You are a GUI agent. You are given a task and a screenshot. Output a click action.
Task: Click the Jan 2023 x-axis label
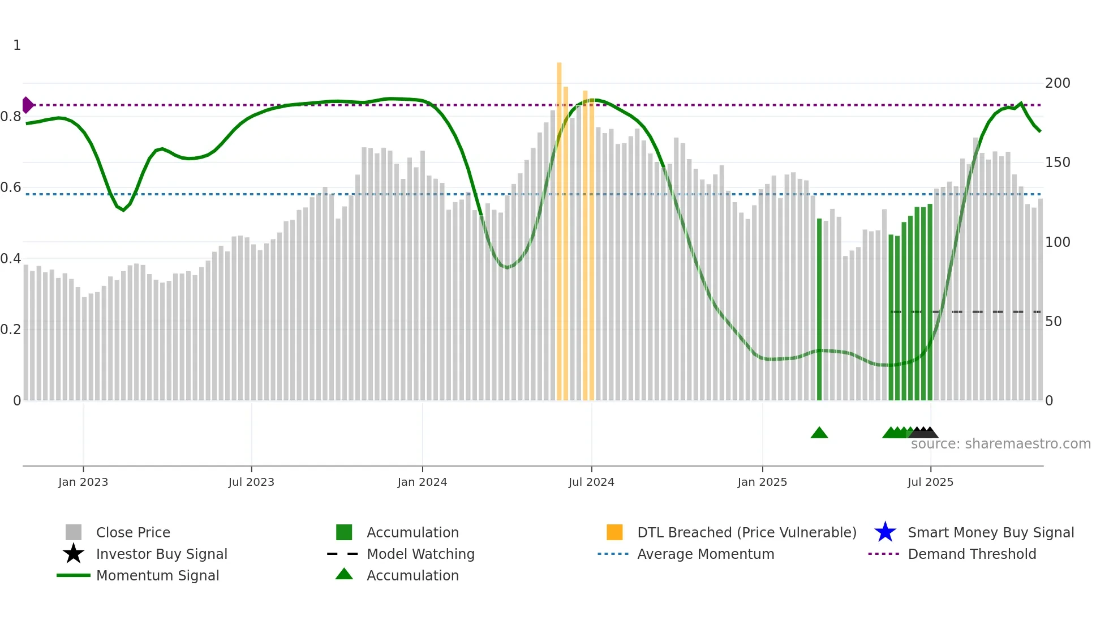click(83, 482)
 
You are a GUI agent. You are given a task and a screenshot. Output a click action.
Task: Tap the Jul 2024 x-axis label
click(591, 482)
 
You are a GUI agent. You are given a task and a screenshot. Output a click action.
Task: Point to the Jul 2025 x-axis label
click(930, 482)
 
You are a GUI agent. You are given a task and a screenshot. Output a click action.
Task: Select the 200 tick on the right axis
click(1058, 83)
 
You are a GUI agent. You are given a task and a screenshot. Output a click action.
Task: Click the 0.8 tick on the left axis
click(11, 117)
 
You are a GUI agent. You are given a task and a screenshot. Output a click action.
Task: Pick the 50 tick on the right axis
click(1054, 322)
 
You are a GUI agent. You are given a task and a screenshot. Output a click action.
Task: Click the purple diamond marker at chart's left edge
click(27, 105)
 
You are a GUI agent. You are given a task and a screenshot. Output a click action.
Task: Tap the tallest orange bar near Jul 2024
click(559, 226)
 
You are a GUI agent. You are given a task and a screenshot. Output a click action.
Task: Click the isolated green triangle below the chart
click(819, 433)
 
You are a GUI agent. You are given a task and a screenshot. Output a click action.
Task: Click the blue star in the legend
click(885, 532)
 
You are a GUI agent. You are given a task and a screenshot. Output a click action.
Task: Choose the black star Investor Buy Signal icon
click(74, 554)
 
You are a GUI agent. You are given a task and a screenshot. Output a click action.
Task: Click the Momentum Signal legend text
click(157, 575)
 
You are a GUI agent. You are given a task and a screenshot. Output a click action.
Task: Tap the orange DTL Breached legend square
click(614, 532)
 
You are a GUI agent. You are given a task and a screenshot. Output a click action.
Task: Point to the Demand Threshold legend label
click(972, 554)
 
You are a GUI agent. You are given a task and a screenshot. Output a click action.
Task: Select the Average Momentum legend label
click(705, 554)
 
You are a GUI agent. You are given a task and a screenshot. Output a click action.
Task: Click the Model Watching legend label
click(420, 554)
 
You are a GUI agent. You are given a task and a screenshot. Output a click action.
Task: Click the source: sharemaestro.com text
click(1000, 444)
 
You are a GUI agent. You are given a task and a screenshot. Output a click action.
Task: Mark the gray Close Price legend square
click(74, 532)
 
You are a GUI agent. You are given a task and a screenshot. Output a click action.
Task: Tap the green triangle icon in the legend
click(344, 574)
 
